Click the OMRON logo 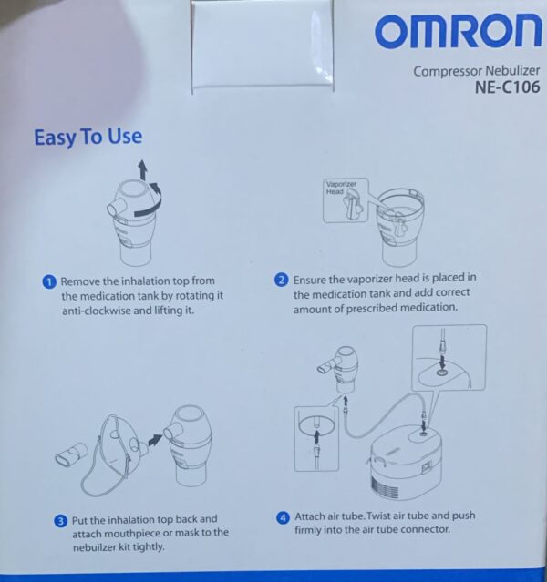point(458,31)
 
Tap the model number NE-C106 point(507,87)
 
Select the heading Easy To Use point(88,137)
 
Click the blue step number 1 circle point(49,281)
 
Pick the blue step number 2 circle point(282,280)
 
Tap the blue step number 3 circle point(60,521)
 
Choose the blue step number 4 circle point(284,517)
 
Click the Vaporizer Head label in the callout point(341,188)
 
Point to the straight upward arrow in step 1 point(142,170)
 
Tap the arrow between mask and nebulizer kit point(155,440)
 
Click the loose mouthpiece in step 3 point(71,454)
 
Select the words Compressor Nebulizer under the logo point(477,70)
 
